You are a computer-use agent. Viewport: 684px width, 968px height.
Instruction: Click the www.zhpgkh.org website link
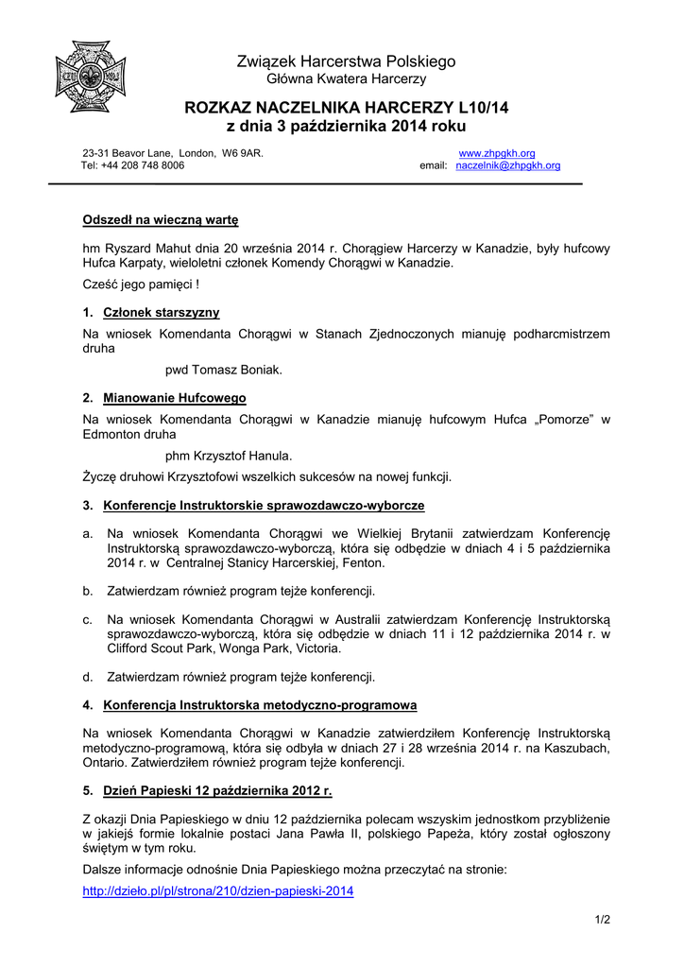(x=497, y=153)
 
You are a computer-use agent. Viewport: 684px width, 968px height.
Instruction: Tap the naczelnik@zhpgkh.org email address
(x=507, y=165)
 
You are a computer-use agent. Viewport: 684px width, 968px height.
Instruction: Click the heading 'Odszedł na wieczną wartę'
(x=161, y=220)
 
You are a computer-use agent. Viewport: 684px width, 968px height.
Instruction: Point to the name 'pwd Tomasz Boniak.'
(x=224, y=370)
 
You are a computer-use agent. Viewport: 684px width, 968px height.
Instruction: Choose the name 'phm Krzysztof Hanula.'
(x=229, y=456)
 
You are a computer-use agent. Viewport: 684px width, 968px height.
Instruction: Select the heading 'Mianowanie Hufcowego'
(x=174, y=398)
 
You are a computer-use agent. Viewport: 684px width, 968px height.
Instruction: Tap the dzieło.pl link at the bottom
(x=217, y=890)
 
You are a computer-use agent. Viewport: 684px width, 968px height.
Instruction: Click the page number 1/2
(x=603, y=920)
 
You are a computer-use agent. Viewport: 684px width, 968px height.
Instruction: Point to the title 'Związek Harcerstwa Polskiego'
(x=346, y=61)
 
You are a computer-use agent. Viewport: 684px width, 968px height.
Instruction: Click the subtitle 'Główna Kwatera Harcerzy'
(x=346, y=79)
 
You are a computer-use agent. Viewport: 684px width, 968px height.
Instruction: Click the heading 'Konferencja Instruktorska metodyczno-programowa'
(x=260, y=705)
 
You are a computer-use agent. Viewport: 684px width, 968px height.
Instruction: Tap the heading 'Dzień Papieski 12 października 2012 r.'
(x=217, y=790)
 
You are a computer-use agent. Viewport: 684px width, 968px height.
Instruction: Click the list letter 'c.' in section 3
(x=87, y=619)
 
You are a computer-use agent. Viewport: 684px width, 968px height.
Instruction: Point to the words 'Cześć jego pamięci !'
(x=141, y=284)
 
